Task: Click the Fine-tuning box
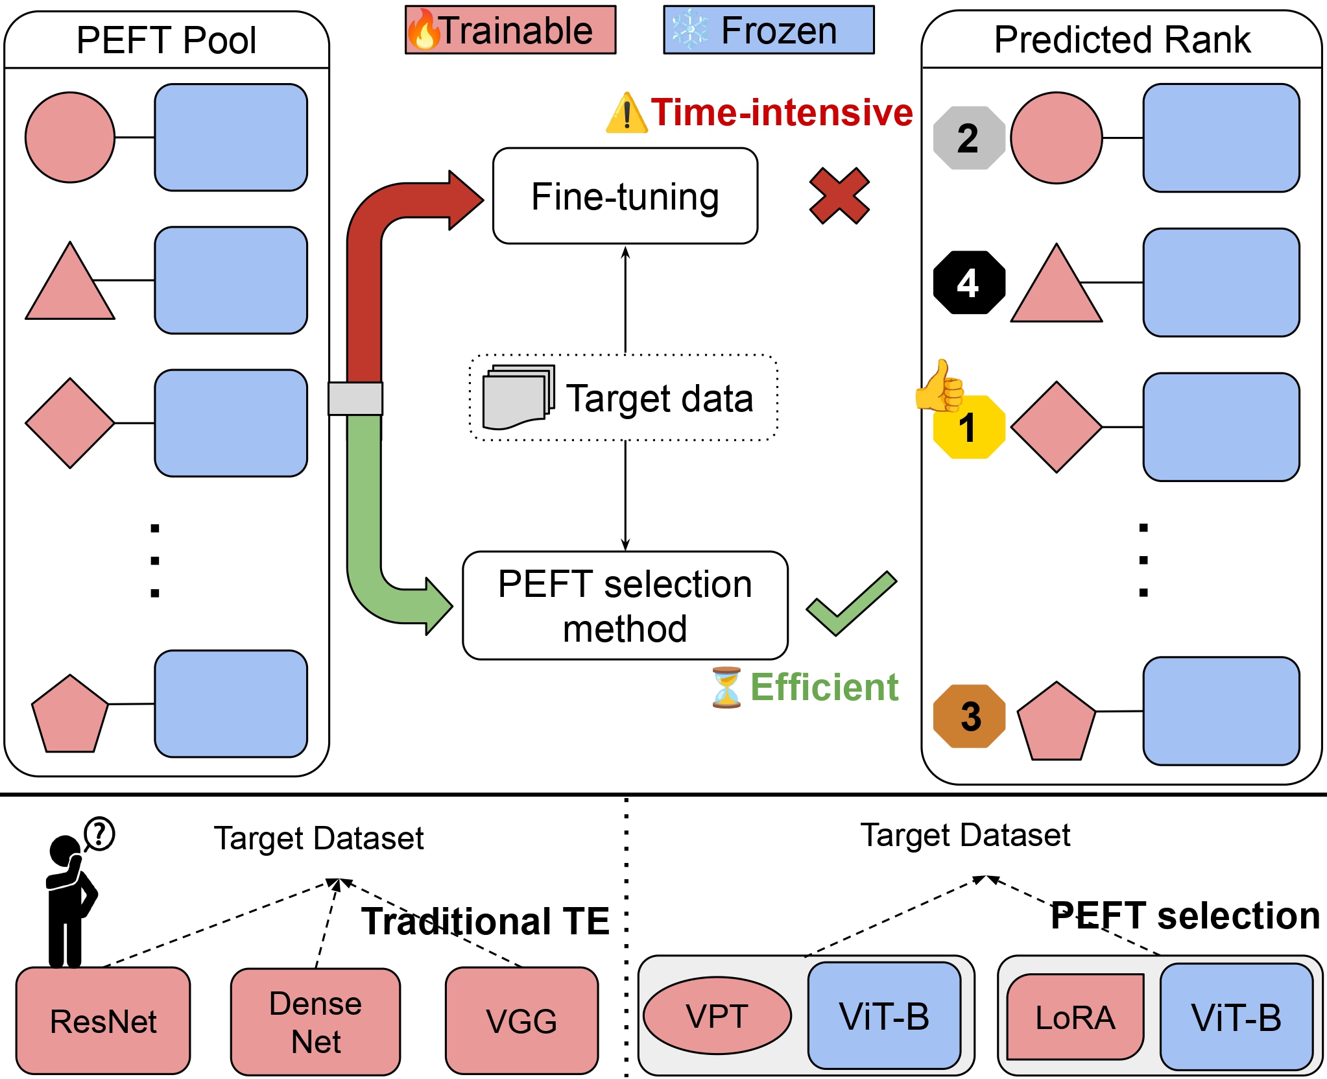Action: [625, 196]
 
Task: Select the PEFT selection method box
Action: [625, 605]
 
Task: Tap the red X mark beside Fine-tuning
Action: [839, 196]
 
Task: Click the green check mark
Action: [850, 604]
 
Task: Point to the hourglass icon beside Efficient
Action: [726, 688]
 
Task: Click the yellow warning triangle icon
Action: [626, 114]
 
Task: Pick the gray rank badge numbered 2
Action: [968, 138]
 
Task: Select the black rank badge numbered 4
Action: [968, 282]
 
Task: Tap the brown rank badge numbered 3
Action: [969, 716]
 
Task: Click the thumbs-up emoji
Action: [940, 387]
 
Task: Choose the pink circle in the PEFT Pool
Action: [70, 138]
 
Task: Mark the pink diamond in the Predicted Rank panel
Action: [1056, 427]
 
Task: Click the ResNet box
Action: [103, 1021]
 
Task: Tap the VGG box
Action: [521, 1021]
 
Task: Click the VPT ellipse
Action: [717, 1015]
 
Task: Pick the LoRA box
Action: [1075, 1017]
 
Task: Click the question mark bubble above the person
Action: [99, 834]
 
